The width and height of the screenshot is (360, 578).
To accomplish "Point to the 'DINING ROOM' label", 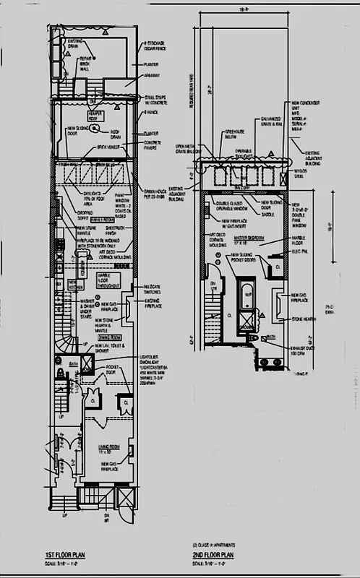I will pos(110,337).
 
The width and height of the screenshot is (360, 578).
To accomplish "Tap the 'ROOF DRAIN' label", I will pos(116,134).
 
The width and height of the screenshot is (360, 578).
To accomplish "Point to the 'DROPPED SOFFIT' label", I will pos(88,215).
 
